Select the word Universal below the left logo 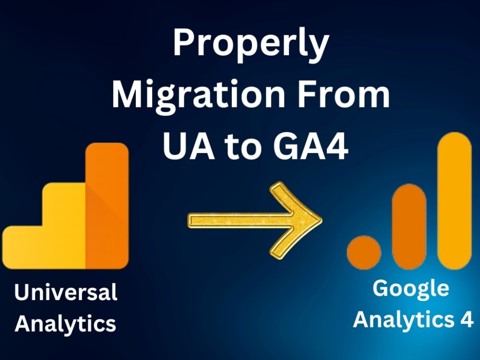(66, 292)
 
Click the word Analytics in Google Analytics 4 (403, 319)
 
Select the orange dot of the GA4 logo (364, 252)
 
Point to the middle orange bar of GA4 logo (409, 226)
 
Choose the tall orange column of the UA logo (107, 206)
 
